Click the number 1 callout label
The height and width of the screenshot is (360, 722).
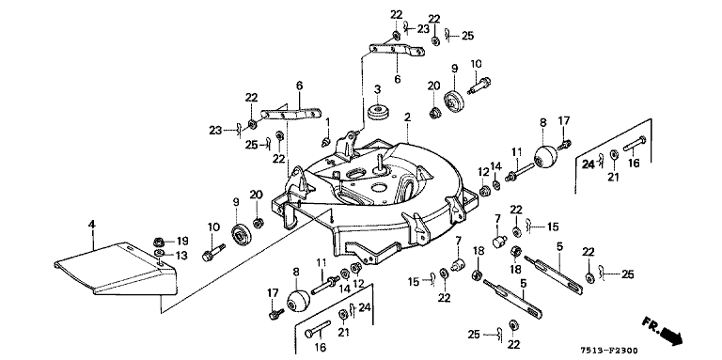point(328,122)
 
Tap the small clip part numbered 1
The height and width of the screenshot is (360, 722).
point(327,140)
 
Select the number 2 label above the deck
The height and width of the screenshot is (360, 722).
point(407,117)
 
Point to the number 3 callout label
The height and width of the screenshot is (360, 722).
point(377,89)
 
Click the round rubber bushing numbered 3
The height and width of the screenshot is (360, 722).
point(379,113)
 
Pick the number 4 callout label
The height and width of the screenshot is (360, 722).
point(92,225)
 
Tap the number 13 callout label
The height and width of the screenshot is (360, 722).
point(181,256)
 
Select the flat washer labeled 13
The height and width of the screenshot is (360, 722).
point(159,254)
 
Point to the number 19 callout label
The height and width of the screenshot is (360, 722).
point(182,241)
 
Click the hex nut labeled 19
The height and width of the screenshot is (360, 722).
point(158,242)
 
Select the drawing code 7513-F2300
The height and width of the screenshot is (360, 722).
point(609,352)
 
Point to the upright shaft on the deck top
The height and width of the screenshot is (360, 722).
point(381,162)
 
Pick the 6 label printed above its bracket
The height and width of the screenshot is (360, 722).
point(299,86)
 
